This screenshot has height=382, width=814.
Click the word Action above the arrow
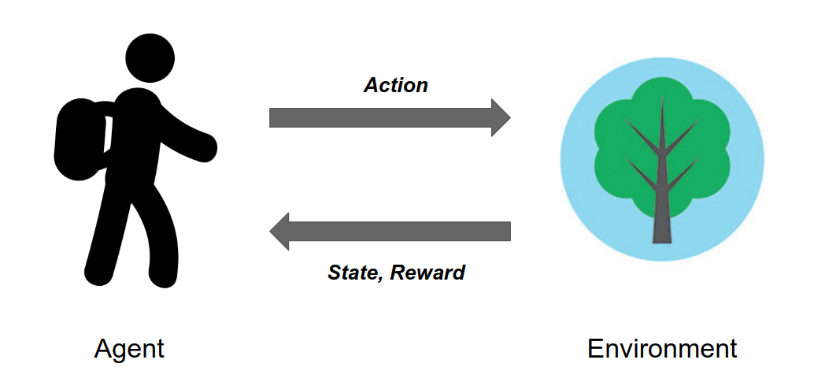point(395,86)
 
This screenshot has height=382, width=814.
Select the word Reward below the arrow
point(427,273)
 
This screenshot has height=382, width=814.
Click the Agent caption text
point(129,349)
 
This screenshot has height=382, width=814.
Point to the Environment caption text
point(662,349)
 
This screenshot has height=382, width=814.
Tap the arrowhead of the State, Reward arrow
point(279,232)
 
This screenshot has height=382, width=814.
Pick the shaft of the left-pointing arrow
point(400,232)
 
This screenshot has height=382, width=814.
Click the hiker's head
point(150,58)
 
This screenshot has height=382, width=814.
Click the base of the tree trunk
point(661,239)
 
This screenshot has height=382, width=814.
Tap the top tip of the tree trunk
point(662,97)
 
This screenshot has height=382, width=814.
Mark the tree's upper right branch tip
point(698,120)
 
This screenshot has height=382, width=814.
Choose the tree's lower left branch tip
point(627,158)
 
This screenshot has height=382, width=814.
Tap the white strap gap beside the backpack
point(108,135)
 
